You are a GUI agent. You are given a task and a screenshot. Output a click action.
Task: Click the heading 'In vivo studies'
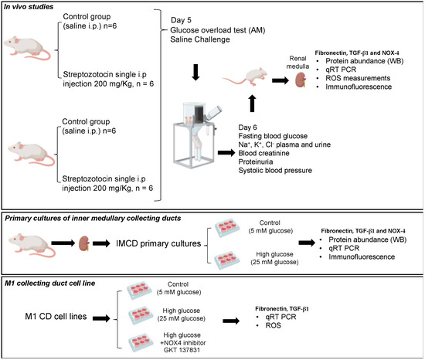click(29, 7)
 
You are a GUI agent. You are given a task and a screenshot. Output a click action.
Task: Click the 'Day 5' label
click(181, 20)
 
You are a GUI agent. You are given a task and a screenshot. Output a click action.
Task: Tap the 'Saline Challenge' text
click(200, 39)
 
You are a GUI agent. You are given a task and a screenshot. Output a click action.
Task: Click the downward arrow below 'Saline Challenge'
click(195, 73)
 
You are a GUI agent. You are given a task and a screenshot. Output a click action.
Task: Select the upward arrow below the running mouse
click(252, 104)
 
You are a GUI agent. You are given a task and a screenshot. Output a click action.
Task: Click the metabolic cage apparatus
click(195, 135)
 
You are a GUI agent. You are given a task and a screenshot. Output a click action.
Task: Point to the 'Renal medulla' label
click(297, 63)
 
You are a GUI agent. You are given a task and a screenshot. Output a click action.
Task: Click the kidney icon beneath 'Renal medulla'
click(301, 80)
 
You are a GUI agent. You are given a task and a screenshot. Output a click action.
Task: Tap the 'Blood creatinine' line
click(263, 153)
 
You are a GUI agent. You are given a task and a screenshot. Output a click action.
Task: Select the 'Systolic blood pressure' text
click(275, 171)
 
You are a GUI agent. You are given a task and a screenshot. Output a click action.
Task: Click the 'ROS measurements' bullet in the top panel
click(358, 78)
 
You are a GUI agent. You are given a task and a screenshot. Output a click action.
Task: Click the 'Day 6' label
click(247, 127)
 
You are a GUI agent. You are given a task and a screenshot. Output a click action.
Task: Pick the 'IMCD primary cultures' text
click(158, 243)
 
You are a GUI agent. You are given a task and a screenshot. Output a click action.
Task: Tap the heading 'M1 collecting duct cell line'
click(50, 284)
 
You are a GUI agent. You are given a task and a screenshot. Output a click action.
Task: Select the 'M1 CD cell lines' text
click(56, 317)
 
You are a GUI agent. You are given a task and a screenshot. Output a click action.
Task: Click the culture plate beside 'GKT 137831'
click(141, 344)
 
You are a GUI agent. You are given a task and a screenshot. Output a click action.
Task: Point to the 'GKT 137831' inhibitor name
click(182, 350)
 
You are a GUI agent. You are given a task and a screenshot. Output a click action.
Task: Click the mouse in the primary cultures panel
click(32, 245)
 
